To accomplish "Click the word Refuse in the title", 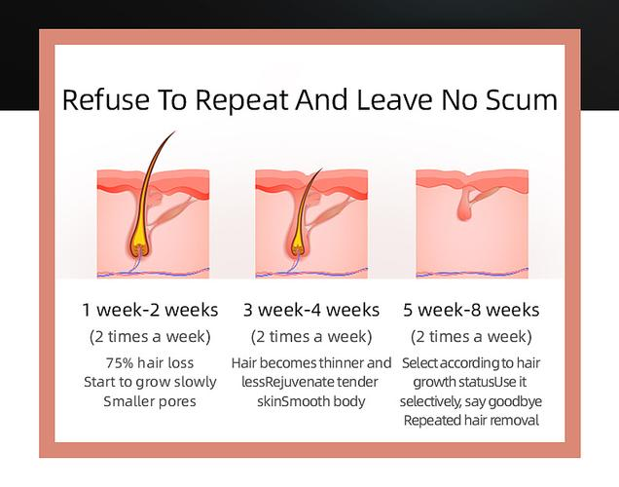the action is (106, 100).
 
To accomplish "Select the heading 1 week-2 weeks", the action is (150, 310).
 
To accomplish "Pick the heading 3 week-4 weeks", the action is (311, 310).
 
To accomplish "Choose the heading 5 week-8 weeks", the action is (471, 310).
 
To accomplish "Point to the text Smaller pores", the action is (150, 401).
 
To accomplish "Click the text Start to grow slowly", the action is (150, 382).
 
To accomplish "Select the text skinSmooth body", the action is (311, 401).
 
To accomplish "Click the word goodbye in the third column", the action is (515, 401).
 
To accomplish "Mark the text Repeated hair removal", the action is (471, 420).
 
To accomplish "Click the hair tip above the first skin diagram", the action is (174, 131).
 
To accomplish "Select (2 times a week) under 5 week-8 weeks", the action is (471, 337).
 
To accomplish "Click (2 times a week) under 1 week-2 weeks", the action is (150, 337).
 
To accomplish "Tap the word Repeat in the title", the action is (241, 100).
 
